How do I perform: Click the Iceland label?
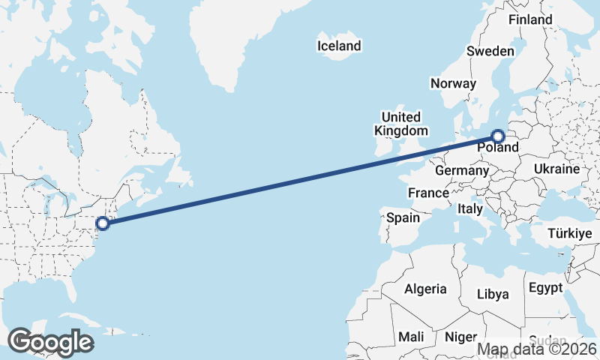[x=339, y=46]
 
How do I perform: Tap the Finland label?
[x=530, y=20]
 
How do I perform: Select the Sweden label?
[x=490, y=52]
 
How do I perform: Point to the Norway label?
[x=453, y=83]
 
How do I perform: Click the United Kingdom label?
[x=401, y=124]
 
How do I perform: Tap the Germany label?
[x=461, y=171]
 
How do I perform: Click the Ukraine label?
[x=556, y=169]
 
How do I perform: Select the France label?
[x=428, y=193]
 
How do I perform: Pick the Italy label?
[x=469, y=209]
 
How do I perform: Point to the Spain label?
[x=403, y=218]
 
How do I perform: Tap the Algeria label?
[x=425, y=289]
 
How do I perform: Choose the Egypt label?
[x=545, y=288]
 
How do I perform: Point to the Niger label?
[x=460, y=337]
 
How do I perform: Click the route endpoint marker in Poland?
[x=498, y=136]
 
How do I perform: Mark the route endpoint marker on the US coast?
[x=103, y=223]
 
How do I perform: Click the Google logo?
[x=50, y=341]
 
